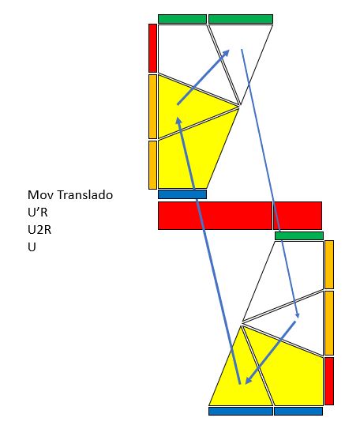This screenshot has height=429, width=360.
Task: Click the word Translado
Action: coord(85,195)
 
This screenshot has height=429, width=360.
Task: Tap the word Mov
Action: coord(42,195)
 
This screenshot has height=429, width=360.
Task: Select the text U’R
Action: coord(38,212)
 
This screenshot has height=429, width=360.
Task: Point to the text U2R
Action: coord(39,230)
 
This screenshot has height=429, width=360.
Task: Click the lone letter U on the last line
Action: coord(32,246)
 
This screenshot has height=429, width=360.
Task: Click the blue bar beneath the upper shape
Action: coord(182,194)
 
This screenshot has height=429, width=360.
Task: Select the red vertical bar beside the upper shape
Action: coord(152,48)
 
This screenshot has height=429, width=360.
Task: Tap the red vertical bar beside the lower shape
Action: coord(329,381)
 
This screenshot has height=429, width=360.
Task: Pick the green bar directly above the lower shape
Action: coord(299,236)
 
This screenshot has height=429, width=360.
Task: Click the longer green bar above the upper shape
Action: coord(241,19)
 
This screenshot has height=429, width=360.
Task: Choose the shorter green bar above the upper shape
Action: coord(182,19)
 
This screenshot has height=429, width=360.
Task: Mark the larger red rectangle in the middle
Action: coord(215,216)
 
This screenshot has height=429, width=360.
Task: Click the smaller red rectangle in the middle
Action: coord(298,216)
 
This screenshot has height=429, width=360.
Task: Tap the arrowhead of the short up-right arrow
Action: coord(226,53)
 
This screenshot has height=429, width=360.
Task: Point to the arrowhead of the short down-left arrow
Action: coord(249,381)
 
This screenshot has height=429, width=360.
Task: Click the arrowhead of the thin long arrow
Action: coord(298,315)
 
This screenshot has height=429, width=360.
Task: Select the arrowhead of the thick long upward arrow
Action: coord(178,121)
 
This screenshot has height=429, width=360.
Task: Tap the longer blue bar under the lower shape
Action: coord(241,411)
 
